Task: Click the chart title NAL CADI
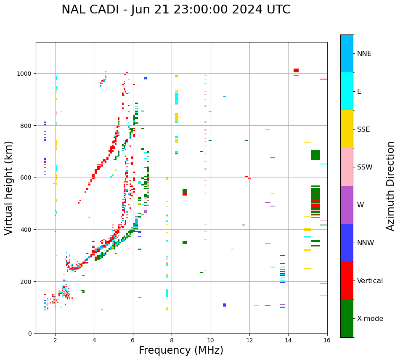point(176,10)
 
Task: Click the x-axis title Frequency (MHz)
point(181,350)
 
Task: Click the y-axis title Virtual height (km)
point(9,188)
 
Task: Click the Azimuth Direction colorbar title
point(391,186)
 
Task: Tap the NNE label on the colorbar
point(364,53)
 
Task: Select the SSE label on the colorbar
point(363,129)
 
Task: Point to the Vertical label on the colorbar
point(370,281)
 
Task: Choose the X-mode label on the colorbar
point(370,318)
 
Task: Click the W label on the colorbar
point(360,205)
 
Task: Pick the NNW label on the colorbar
point(366,243)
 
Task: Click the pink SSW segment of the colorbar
point(347,167)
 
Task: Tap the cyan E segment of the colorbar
point(347,91)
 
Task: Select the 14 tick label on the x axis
point(288,340)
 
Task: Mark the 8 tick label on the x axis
point(172,340)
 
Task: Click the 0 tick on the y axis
point(30,334)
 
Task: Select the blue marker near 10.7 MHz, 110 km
point(224,305)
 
